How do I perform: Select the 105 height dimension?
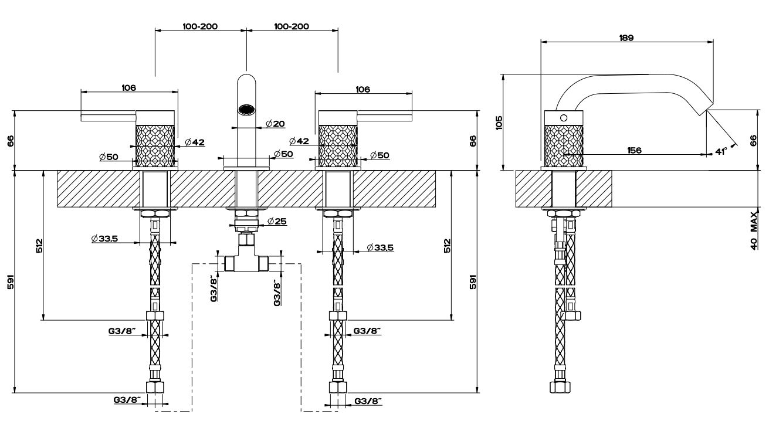(x=499, y=122)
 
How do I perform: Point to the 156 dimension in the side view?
(x=633, y=150)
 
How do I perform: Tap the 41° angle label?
(x=721, y=151)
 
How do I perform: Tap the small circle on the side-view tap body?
(x=564, y=117)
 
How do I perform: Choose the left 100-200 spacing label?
(x=199, y=27)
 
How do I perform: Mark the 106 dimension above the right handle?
(x=363, y=89)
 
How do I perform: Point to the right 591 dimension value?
(x=473, y=281)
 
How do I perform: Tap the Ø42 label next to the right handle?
(x=299, y=141)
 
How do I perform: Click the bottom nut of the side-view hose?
(x=561, y=388)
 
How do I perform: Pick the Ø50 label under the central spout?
(x=284, y=154)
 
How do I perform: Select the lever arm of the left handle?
(x=109, y=117)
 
